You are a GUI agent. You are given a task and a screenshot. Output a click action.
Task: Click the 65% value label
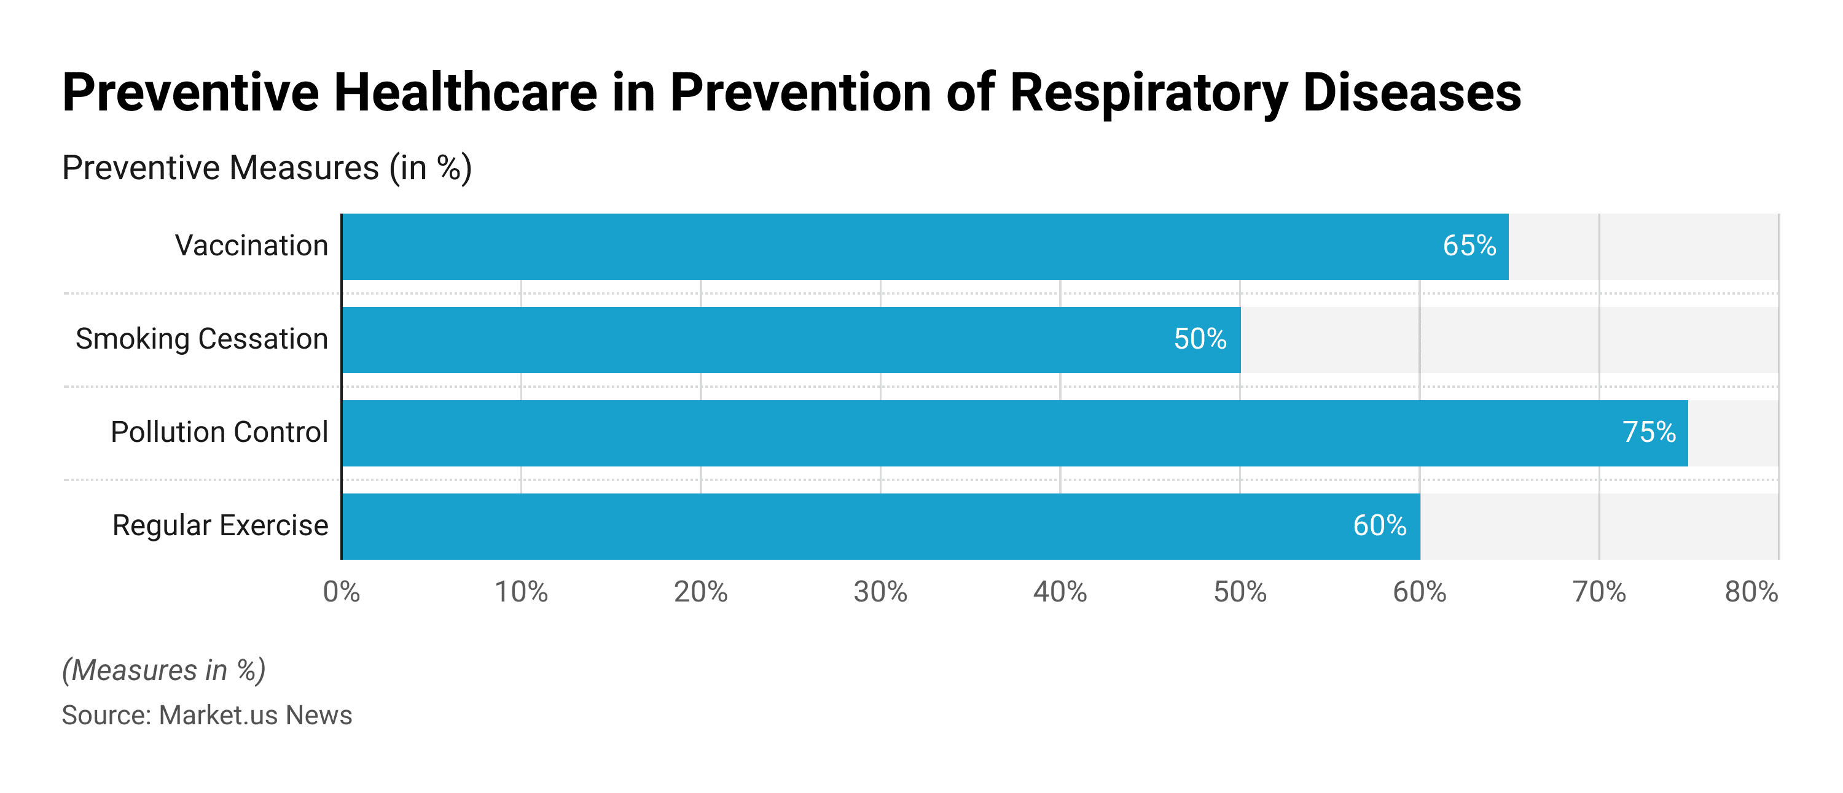point(1469,246)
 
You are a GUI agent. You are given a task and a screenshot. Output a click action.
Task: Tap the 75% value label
point(1648,433)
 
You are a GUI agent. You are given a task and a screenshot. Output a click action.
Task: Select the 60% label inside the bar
point(1379,526)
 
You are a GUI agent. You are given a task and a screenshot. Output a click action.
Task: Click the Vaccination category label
point(251,246)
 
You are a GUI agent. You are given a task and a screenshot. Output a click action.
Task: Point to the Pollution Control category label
point(219,433)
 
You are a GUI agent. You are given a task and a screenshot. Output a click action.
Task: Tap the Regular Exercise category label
point(220,526)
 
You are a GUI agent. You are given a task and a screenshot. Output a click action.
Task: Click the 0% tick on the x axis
point(342,592)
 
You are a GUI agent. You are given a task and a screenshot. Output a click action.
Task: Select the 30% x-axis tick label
point(880,592)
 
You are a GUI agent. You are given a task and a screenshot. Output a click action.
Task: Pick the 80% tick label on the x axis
point(1751,592)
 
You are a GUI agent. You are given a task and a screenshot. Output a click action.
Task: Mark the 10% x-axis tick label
point(521,592)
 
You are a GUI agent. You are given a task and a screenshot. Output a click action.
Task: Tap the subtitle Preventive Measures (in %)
point(266,169)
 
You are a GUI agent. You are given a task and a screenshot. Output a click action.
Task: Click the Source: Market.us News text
point(207,715)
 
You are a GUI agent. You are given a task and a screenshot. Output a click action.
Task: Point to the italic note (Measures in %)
point(164,671)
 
